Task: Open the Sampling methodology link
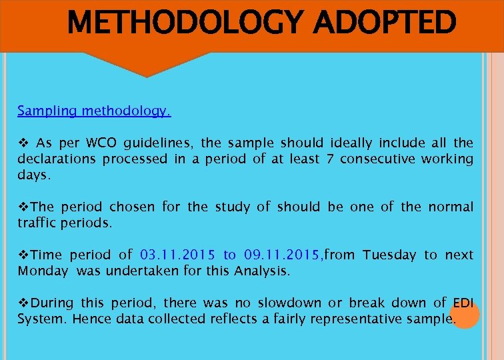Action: click(x=94, y=111)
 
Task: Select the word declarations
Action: click(x=57, y=159)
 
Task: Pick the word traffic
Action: click(x=38, y=223)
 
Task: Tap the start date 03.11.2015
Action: click(x=178, y=255)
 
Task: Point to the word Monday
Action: click(x=43, y=271)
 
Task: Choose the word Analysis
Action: click(x=260, y=271)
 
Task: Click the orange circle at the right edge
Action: click(x=464, y=315)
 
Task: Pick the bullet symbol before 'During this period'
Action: click(x=22, y=303)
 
